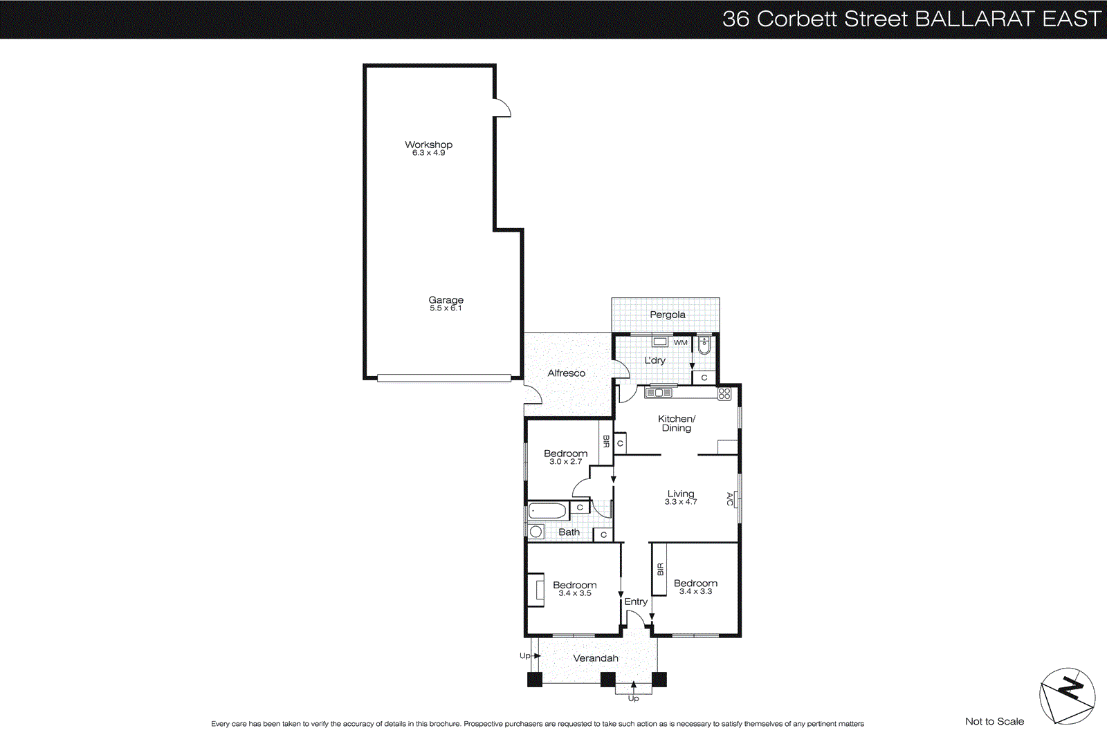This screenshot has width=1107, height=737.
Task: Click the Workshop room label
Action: [x=428, y=144]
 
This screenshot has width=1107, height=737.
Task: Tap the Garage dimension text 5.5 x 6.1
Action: [x=446, y=308]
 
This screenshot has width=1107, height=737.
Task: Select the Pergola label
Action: [x=667, y=315]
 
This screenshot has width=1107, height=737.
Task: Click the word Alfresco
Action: [x=566, y=373]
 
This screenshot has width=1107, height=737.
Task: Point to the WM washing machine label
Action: [x=681, y=342]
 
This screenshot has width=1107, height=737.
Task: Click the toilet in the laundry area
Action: [x=704, y=345]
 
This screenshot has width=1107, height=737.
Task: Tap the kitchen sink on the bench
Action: [x=659, y=393]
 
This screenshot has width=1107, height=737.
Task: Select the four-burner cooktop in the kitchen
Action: [x=724, y=393]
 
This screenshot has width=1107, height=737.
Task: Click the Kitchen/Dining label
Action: [x=676, y=423]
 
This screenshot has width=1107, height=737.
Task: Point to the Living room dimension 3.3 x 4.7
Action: [x=681, y=502]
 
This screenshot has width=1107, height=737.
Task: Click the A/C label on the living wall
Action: [x=729, y=498]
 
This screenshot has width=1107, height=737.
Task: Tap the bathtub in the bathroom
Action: [x=548, y=512]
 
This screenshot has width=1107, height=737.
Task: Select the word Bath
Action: [x=569, y=532]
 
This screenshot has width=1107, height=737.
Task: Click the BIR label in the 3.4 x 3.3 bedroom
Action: [x=660, y=569]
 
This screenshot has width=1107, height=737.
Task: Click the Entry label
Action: [x=636, y=601]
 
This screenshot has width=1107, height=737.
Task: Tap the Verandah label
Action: [x=595, y=658]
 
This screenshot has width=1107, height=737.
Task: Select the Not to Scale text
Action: [x=994, y=721]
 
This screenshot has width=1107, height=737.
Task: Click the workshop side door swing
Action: [x=502, y=109]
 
